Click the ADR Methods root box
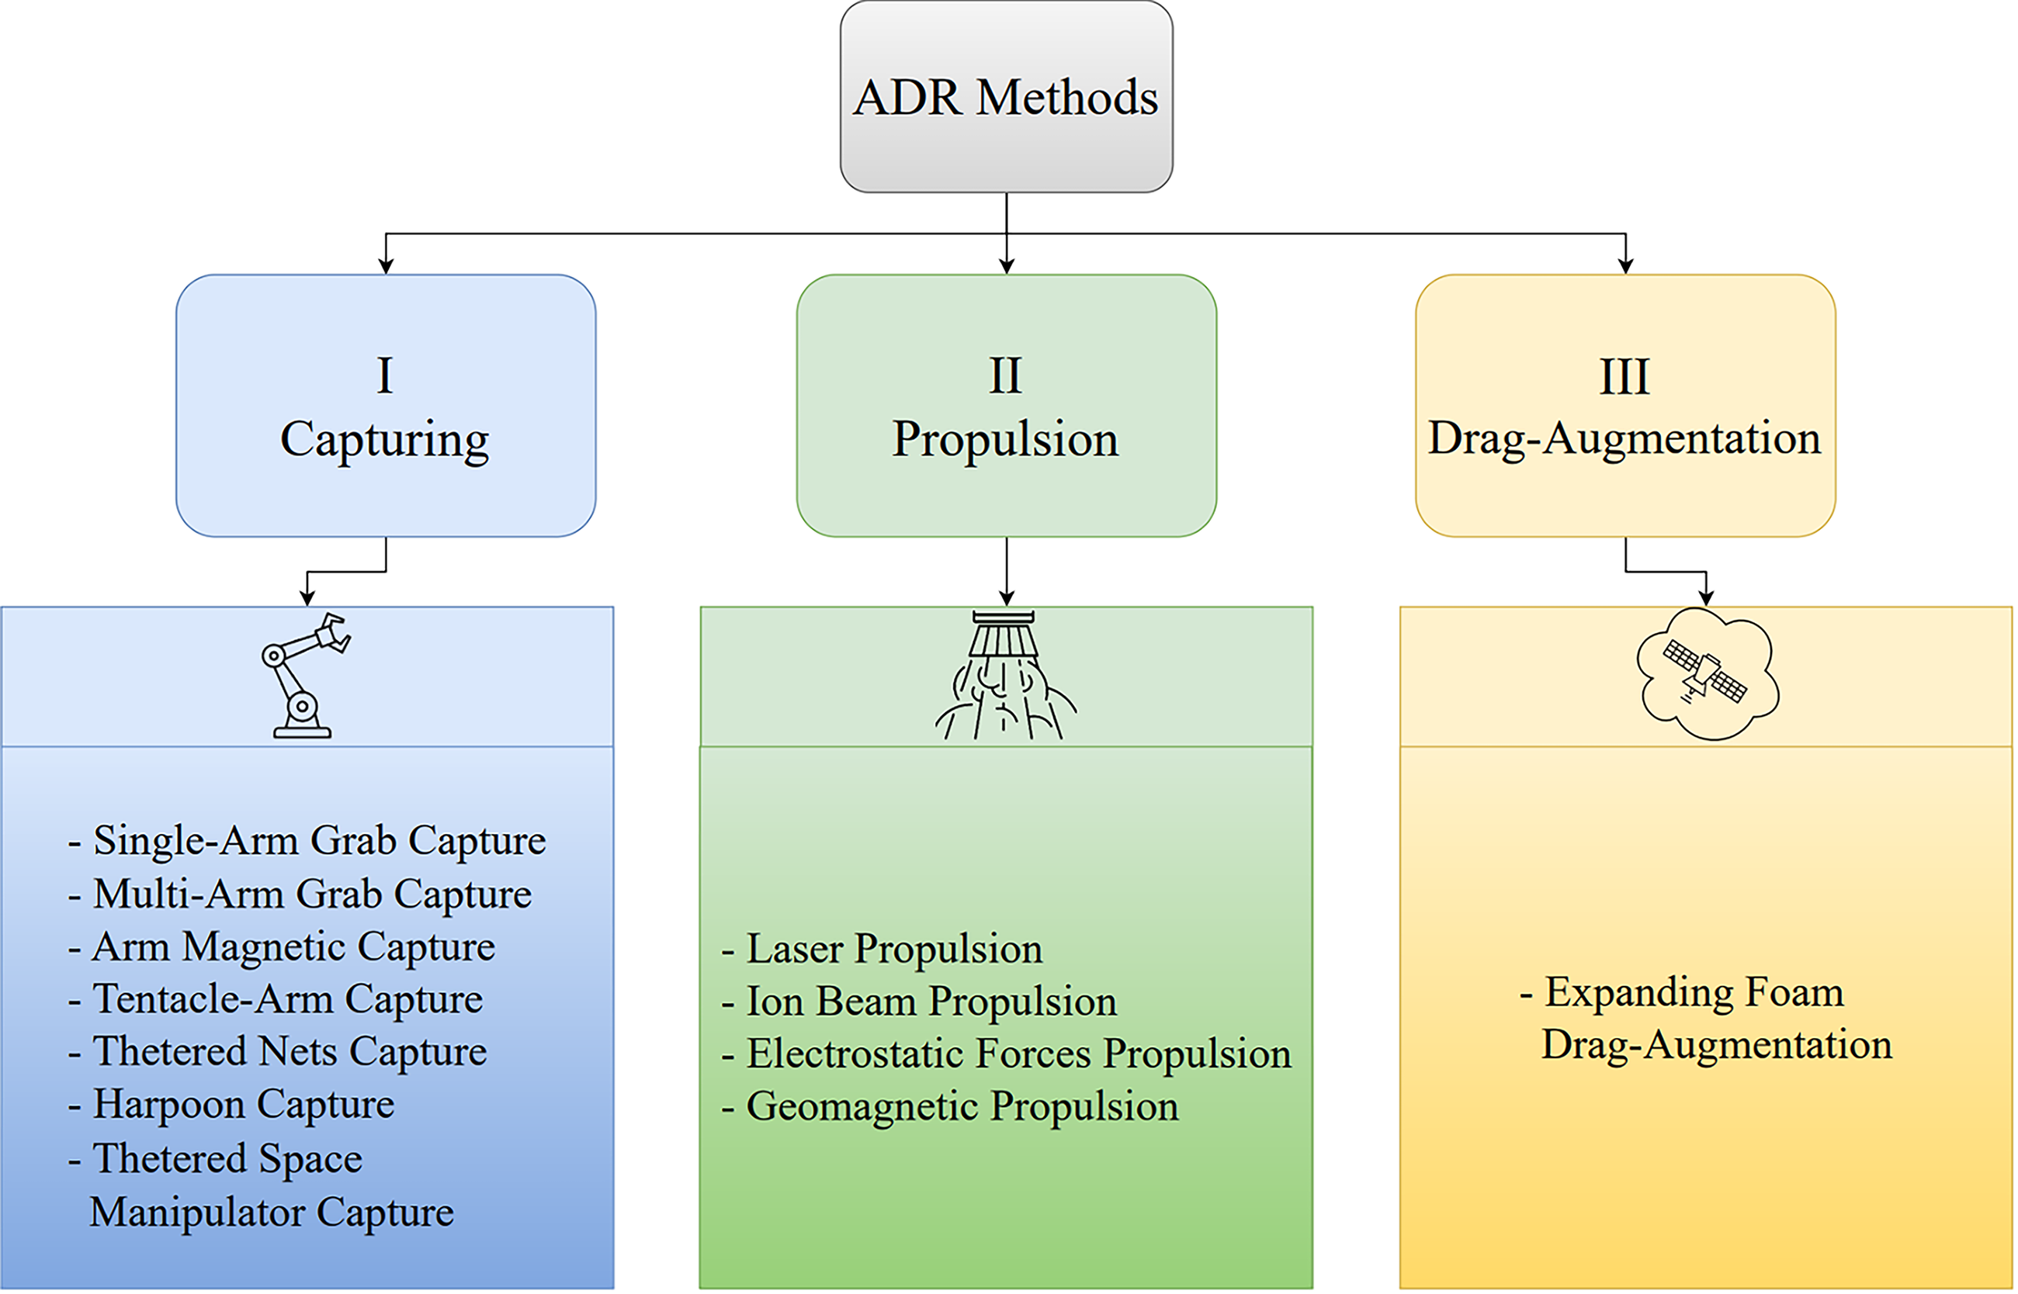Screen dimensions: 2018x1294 click(1006, 97)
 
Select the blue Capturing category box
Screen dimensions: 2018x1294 click(386, 405)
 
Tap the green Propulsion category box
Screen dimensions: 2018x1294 click(1006, 405)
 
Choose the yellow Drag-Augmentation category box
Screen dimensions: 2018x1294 click(1625, 405)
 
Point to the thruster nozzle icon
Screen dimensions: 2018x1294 click(1006, 676)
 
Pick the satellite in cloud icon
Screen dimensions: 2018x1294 click(1707, 674)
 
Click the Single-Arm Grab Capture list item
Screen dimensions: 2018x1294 click(307, 840)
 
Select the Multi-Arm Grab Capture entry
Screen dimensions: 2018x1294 click(300, 893)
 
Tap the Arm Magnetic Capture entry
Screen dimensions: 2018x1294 click(282, 947)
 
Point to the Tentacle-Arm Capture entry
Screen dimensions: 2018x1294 click(276, 999)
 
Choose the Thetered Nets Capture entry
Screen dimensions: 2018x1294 click(277, 1051)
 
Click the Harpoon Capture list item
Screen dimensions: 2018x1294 click(231, 1104)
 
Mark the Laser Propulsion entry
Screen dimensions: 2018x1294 click(882, 949)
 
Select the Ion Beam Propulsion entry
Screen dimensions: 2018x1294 click(919, 1002)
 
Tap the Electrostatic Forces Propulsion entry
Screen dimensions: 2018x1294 click(1006, 1054)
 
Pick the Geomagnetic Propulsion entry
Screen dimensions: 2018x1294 click(950, 1106)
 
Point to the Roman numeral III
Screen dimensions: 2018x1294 click(1624, 375)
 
